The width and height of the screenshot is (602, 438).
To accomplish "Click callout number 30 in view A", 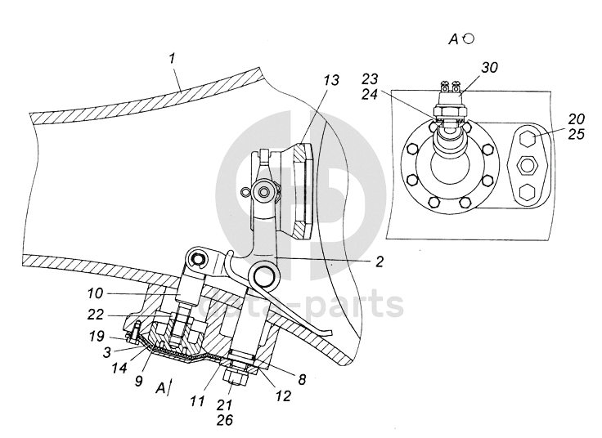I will (488, 67).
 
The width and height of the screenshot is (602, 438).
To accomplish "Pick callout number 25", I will (576, 133).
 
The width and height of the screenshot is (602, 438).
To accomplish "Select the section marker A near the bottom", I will (160, 387).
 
